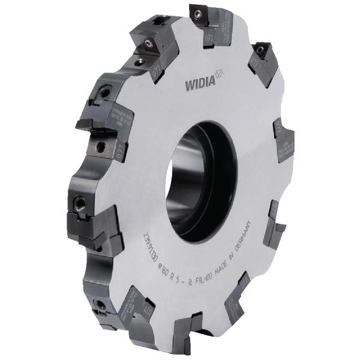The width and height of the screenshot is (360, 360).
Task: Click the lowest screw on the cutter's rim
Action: (100, 305)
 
